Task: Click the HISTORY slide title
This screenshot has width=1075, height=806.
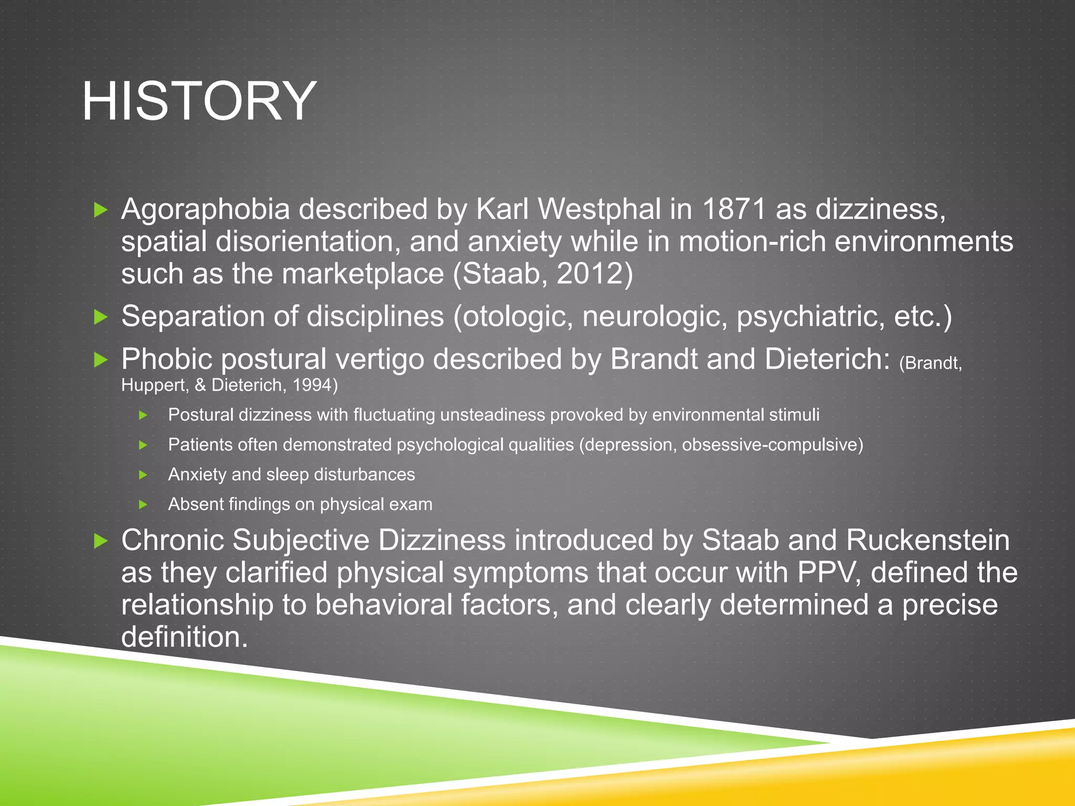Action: pos(199,101)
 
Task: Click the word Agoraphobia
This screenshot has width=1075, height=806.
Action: pos(205,209)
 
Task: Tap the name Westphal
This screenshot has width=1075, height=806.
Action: pos(599,209)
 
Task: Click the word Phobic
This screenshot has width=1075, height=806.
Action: pos(166,359)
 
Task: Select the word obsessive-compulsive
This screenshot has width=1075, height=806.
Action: pos(772,445)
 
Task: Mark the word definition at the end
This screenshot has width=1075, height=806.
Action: pos(184,637)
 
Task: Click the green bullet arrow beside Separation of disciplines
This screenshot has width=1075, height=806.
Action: pos(100,317)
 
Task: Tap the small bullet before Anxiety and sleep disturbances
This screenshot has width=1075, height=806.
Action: pos(143,475)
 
